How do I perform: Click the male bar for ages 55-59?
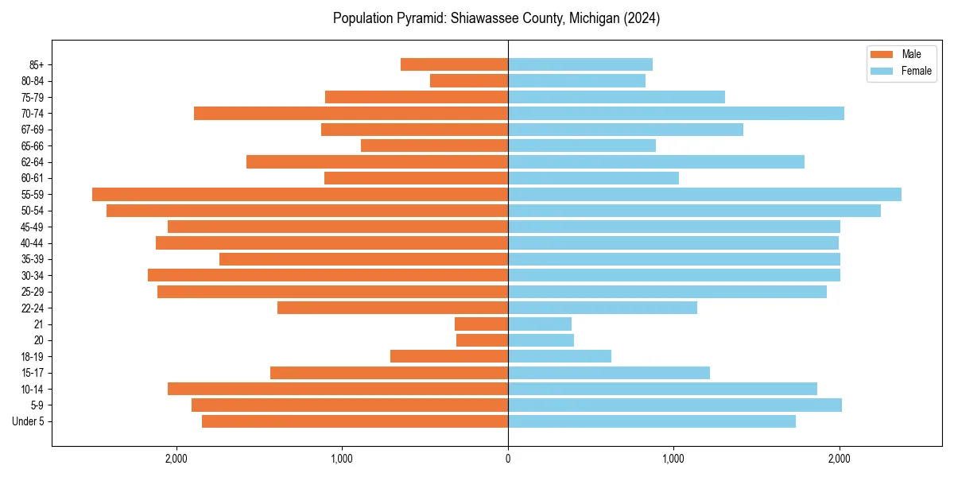(x=300, y=194)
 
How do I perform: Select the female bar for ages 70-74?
(x=676, y=113)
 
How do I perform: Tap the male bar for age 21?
(x=481, y=324)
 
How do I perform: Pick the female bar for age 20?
(x=541, y=340)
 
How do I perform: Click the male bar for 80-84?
(x=469, y=80)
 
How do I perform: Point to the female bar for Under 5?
(x=652, y=421)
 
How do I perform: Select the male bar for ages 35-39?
(x=363, y=259)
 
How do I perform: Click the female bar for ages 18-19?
(x=560, y=356)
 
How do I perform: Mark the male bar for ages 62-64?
(x=377, y=161)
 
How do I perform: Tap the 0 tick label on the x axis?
(x=508, y=459)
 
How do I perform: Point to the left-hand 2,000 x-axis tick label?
(x=176, y=459)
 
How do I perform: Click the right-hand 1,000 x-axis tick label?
(x=673, y=459)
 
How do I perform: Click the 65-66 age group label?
(x=33, y=145)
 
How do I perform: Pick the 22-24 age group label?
(x=33, y=308)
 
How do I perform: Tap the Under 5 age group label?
(x=29, y=421)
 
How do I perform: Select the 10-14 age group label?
(x=33, y=389)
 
